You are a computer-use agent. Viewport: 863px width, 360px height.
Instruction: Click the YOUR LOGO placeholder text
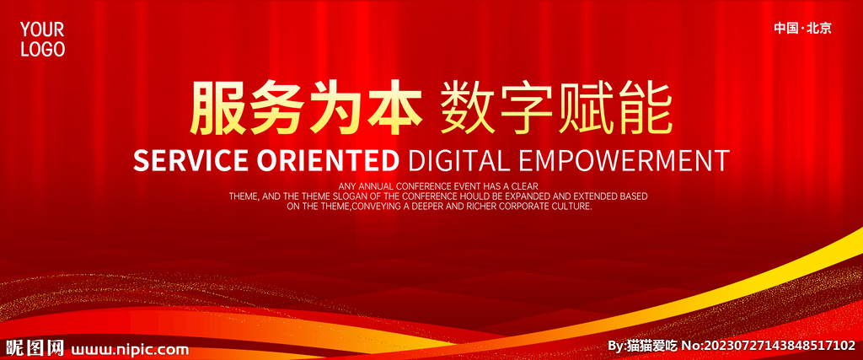(x=43, y=40)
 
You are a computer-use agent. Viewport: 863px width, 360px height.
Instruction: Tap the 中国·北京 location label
(x=802, y=29)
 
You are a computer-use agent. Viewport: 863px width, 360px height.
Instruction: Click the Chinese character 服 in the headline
(x=218, y=108)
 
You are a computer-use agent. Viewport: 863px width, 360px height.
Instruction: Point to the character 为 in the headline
(x=335, y=108)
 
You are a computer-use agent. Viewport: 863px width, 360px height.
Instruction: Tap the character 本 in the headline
(x=394, y=108)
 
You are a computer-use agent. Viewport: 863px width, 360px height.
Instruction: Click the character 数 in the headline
(x=468, y=108)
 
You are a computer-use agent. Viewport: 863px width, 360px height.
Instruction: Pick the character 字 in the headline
(x=526, y=108)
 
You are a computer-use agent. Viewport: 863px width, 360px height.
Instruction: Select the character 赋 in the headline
(x=585, y=108)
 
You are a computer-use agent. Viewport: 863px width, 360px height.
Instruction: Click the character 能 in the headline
(x=644, y=108)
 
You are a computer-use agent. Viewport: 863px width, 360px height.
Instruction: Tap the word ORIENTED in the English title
(x=328, y=160)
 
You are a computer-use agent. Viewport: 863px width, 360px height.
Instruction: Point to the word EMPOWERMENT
(x=624, y=160)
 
